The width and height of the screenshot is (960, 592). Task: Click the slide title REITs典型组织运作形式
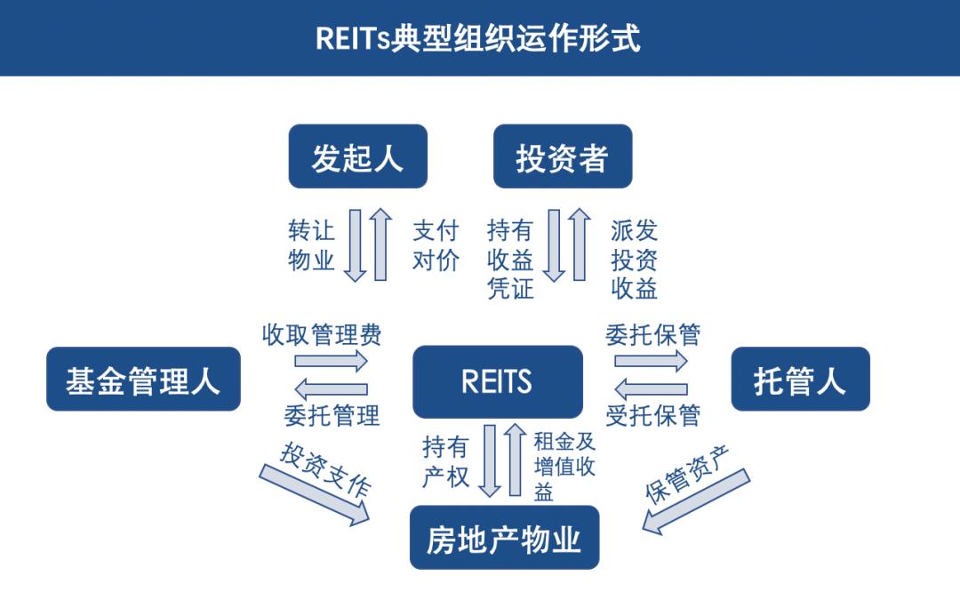478,38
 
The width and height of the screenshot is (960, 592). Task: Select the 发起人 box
357,156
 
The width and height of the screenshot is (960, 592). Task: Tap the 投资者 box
562,156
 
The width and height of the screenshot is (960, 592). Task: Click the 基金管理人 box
143,379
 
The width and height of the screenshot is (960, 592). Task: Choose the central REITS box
497,381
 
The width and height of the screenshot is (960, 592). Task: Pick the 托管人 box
799,379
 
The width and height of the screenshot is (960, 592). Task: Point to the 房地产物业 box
504,537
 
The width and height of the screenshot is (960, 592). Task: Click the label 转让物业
311,245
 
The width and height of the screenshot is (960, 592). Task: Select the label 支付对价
436,245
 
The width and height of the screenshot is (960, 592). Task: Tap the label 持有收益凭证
510,259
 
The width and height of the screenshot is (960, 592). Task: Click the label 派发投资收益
634,259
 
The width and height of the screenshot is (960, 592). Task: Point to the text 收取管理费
321,334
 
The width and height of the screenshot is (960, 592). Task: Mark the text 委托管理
332,414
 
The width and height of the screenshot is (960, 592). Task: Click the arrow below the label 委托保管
651,361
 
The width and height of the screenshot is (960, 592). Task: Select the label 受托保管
652,414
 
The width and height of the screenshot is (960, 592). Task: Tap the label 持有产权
445,461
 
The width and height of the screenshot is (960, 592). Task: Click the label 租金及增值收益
564,466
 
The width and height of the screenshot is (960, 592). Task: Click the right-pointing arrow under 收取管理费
331,361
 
